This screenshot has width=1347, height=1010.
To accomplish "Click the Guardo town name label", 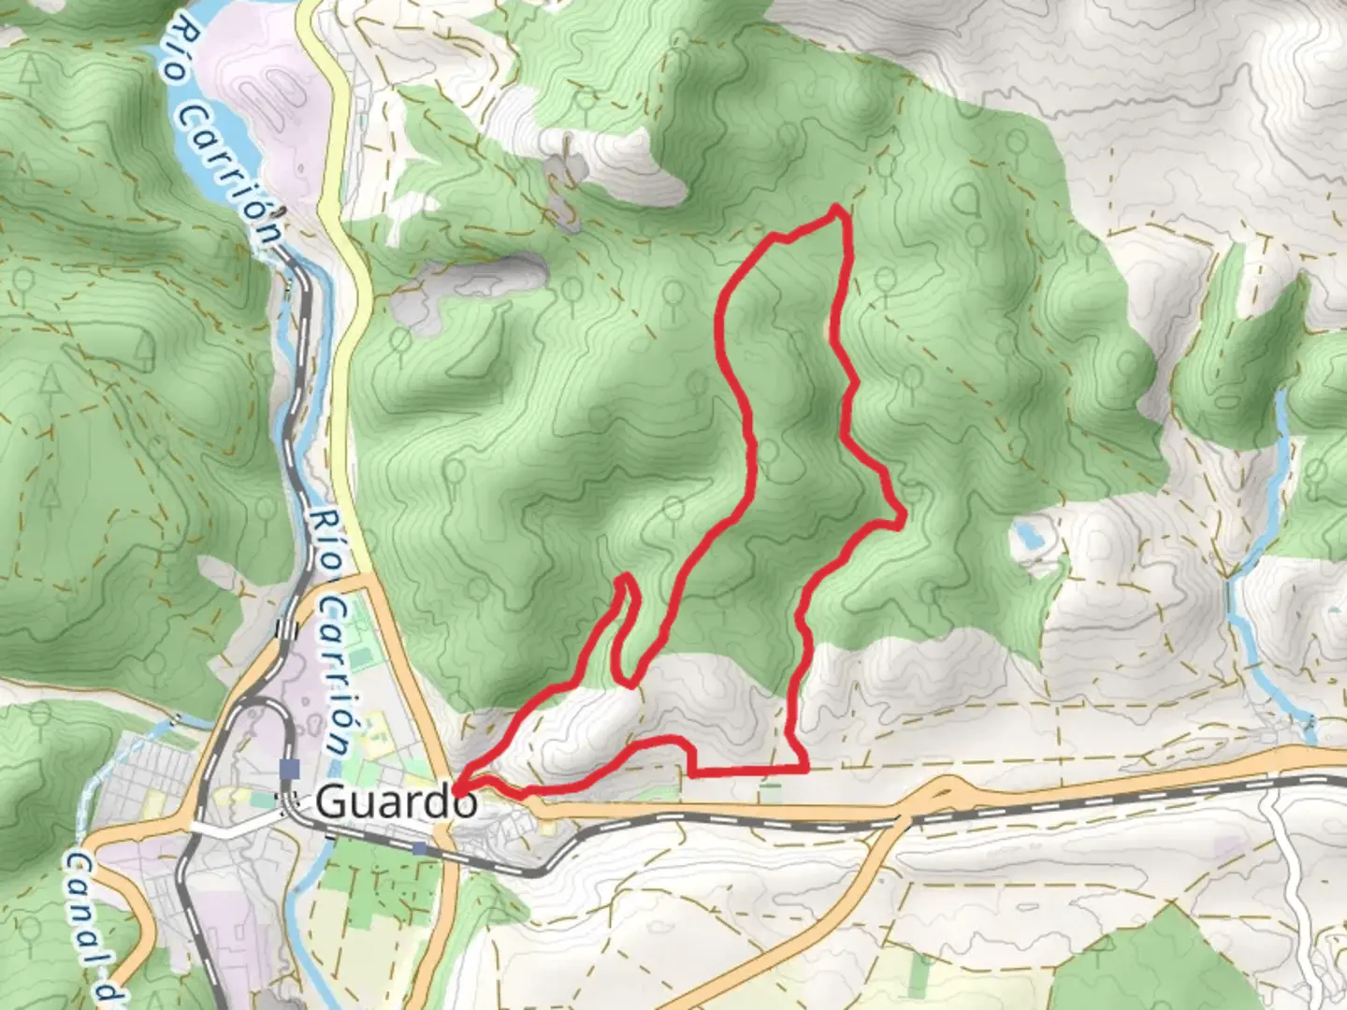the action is [x=397, y=801].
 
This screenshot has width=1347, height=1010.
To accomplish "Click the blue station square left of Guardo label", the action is [x=289, y=769].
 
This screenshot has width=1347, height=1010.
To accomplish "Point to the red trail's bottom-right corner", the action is [x=805, y=769].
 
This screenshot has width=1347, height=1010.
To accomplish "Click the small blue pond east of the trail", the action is [x=1026, y=536].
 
